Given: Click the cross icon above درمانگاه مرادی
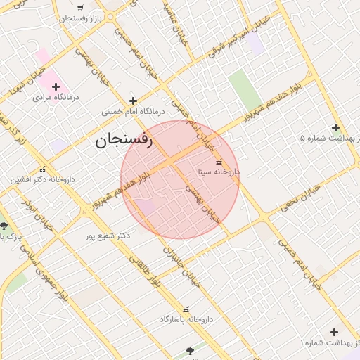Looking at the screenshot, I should [x=56, y=86].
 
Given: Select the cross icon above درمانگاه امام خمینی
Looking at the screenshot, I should [x=133, y=101].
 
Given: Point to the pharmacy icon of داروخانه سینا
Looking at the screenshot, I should [x=218, y=161].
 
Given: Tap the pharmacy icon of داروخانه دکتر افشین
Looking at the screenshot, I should [x=43, y=169].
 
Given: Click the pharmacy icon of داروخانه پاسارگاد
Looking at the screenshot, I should [x=186, y=309].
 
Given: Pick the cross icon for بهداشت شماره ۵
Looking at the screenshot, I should [x=335, y=128].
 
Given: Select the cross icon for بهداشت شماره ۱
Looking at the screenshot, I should [x=334, y=332].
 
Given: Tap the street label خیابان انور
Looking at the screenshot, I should [x=27, y=205].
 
